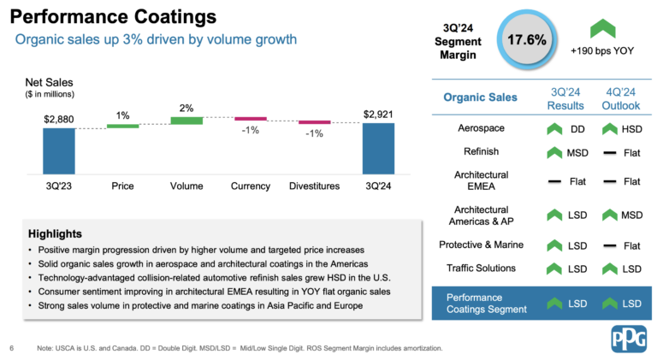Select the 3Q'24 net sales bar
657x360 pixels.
(378, 148)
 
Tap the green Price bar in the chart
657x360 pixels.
(122, 126)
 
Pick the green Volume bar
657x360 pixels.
(186, 121)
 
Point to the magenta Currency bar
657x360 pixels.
(250, 119)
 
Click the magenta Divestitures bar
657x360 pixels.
(314, 122)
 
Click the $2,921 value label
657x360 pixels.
(378, 114)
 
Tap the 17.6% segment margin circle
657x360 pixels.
(527, 40)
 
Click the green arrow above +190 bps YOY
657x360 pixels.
(603, 28)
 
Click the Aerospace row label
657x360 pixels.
(481, 128)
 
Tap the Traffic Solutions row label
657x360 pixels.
(481, 269)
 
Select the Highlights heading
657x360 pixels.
(55, 233)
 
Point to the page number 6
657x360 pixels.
(12, 348)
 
